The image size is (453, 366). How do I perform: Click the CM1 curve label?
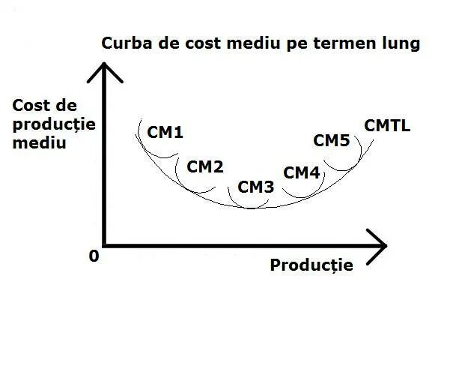click(x=165, y=133)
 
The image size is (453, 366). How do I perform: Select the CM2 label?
click(x=204, y=166)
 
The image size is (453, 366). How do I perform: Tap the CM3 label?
click(x=256, y=187)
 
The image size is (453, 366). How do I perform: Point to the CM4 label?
click(x=302, y=173)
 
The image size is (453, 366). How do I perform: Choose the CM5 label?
click(x=331, y=140)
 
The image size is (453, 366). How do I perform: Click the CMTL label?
click(x=387, y=125)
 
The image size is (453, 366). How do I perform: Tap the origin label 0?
click(x=94, y=256)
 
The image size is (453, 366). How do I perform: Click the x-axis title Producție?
click(x=311, y=265)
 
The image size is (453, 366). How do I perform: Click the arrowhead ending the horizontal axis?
click(x=379, y=245)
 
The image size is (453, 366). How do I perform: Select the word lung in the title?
click(x=401, y=43)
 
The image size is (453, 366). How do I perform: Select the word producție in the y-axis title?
click(x=54, y=124)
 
